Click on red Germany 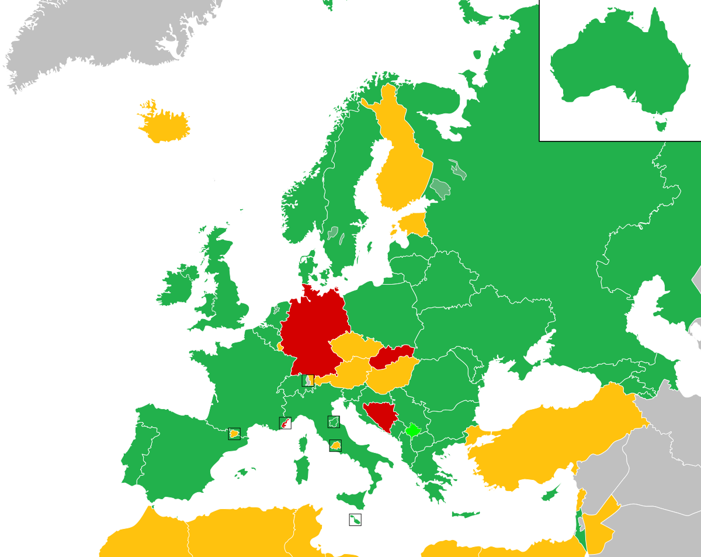(x=310, y=333)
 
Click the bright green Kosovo (x=413, y=431)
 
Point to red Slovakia (x=391, y=355)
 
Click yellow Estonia (x=415, y=224)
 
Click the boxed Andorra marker (x=234, y=434)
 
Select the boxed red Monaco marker (x=285, y=423)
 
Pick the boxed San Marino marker (x=334, y=422)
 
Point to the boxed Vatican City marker (x=335, y=445)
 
